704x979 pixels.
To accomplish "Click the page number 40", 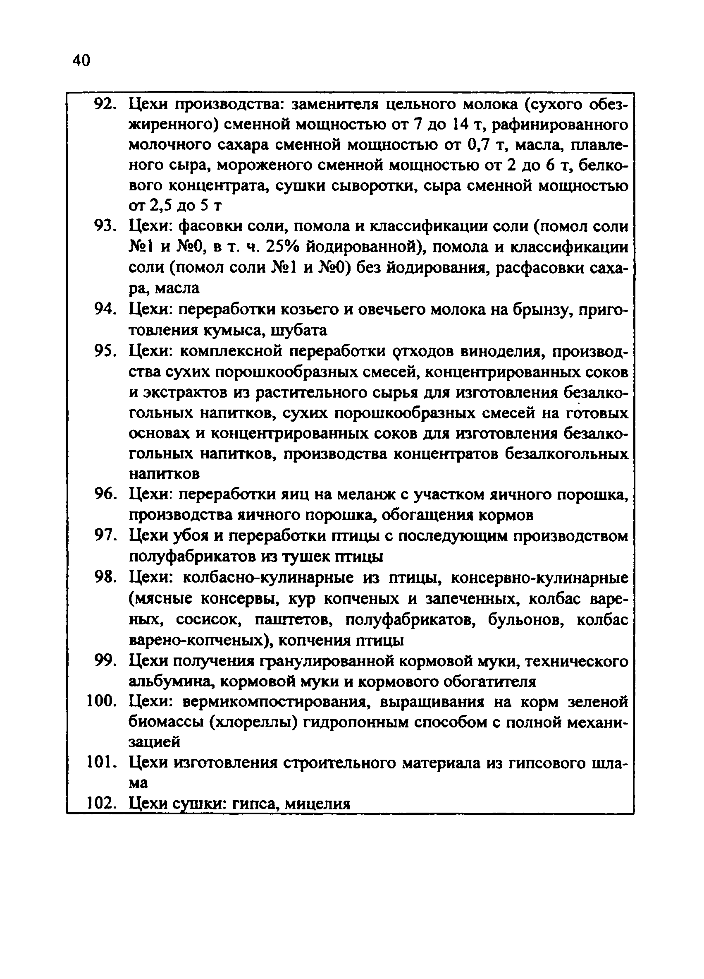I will (81, 60).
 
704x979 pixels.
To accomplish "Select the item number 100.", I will (102, 702).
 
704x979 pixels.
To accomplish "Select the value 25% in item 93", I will (282, 247).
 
